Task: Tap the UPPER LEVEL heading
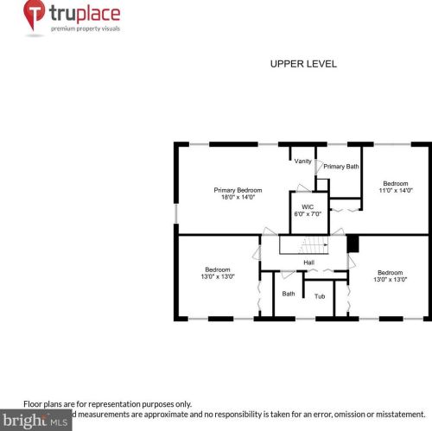[x=302, y=64]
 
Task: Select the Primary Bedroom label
[x=238, y=190]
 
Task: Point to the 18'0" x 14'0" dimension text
[x=238, y=198]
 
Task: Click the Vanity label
[x=302, y=161]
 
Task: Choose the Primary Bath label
[x=341, y=166]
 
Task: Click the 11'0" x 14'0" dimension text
[x=396, y=190]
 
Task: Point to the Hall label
[x=308, y=263]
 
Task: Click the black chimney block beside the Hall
[x=352, y=244]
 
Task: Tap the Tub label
[x=320, y=296]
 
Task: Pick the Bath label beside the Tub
[x=289, y=294]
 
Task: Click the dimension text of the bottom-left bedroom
[x=218, y=278]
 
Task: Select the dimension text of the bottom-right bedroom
[x=390, y=279]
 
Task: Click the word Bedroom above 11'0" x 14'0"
[x=396, y=182]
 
